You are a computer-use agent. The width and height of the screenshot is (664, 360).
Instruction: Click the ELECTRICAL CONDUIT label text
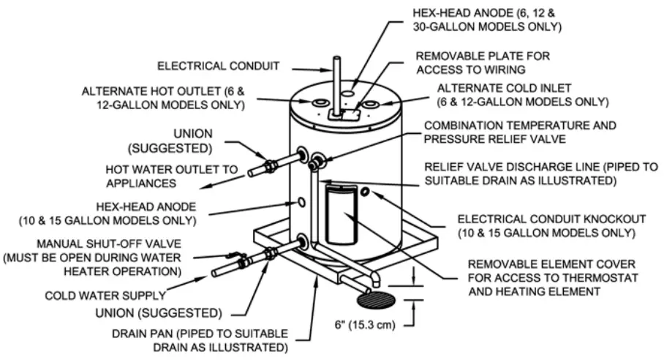pos(219,67)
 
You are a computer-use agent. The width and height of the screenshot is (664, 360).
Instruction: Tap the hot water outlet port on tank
pos(301,154)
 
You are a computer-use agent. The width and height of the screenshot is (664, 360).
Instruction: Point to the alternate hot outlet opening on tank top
pos(320,105)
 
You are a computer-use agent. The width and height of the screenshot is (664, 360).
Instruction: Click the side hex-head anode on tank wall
pos(300,200)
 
